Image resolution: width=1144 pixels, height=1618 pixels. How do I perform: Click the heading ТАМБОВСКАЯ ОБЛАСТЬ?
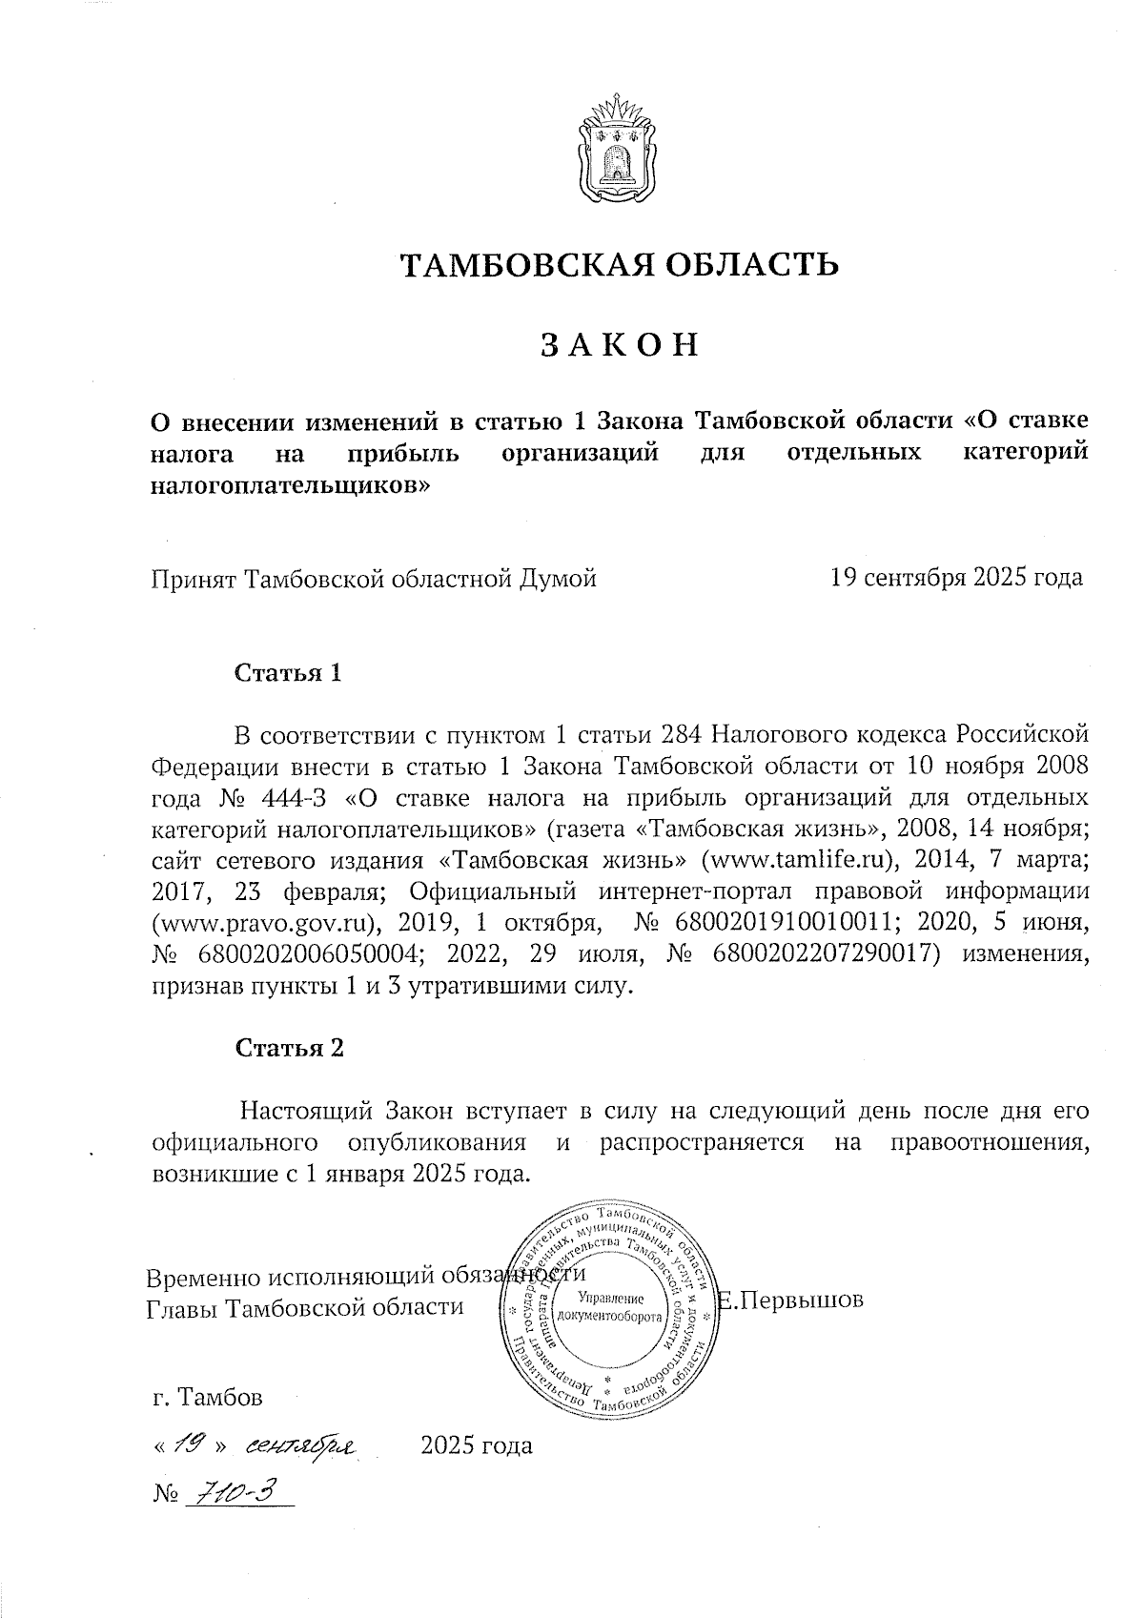(619, 264)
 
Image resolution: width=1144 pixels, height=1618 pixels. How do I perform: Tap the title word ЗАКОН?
(620, 344)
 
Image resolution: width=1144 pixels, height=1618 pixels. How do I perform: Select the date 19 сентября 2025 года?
(956, 578)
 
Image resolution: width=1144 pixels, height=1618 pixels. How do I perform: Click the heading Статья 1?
(288, 673)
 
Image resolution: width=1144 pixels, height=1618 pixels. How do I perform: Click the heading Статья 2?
(289, 1048)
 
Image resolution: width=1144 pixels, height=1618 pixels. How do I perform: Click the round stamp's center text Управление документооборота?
(611, 1307)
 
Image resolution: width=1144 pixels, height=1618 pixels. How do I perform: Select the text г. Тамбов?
(207, 1398)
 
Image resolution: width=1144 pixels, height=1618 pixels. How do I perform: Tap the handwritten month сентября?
(298, 1446)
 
